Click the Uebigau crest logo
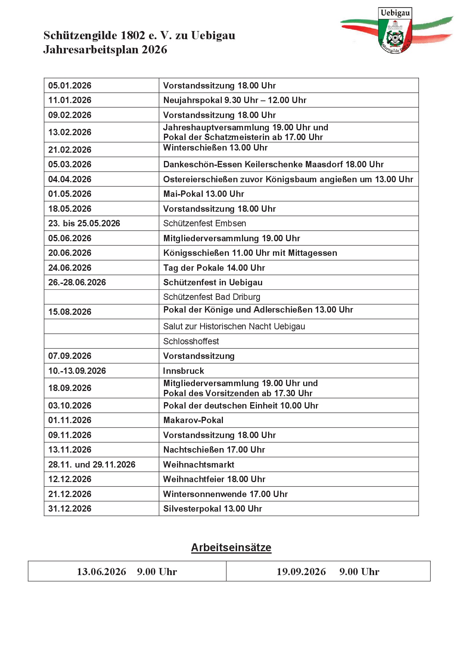(395, 31)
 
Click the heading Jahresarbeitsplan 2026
(105, 50)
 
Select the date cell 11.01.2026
(70, 100)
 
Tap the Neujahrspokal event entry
(234, 100)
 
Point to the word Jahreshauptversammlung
(216, 127)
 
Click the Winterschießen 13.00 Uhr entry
(215, 148)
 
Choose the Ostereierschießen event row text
(288, 179)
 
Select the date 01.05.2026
(70, 194)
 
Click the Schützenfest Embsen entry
(205, 223)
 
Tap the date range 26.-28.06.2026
(77, 282)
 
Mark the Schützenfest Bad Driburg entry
(212, 297)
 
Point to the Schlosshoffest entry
(191, 341)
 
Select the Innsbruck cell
(183, 371)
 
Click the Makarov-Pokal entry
(193, 420)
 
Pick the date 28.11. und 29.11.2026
(92, 465)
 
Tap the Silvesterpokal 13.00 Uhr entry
(212, 509)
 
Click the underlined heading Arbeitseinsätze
(231, 547)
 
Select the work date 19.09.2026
(301, 572)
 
